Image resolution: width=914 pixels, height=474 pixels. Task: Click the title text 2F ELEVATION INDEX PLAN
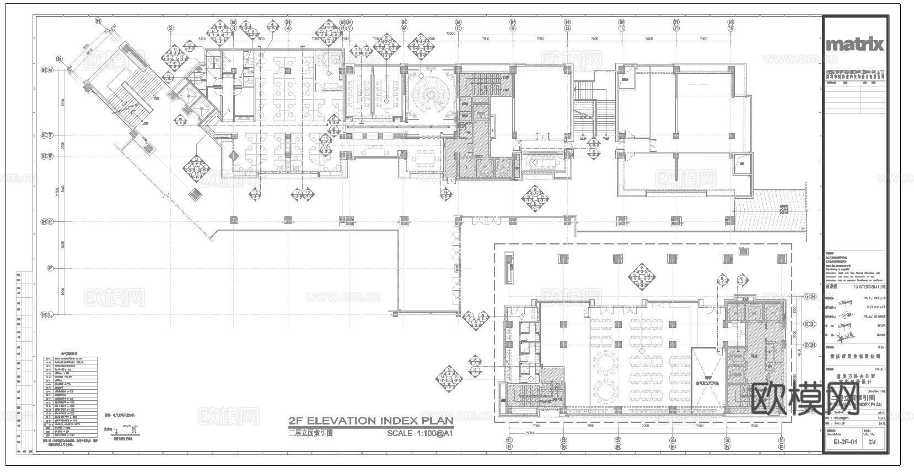point(370,421)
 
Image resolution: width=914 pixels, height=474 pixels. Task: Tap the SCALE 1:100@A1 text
point(420,433)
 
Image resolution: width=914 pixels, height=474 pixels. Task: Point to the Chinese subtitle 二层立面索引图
point(311,433)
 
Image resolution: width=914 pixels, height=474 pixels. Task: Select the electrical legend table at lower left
point(71,400)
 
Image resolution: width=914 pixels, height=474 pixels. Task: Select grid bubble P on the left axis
point(50,269)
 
